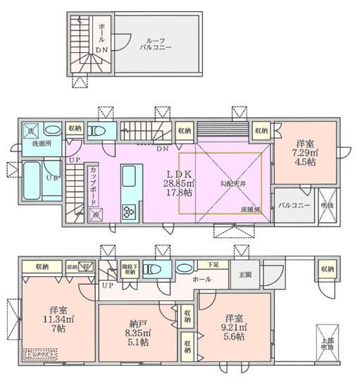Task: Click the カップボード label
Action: [x=93, y=185]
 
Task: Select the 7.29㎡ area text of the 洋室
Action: [x=306, y=153]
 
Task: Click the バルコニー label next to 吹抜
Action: [x=290, y=205]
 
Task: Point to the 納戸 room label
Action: [x=135, y=317]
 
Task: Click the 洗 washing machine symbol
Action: [x=30, y=131]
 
